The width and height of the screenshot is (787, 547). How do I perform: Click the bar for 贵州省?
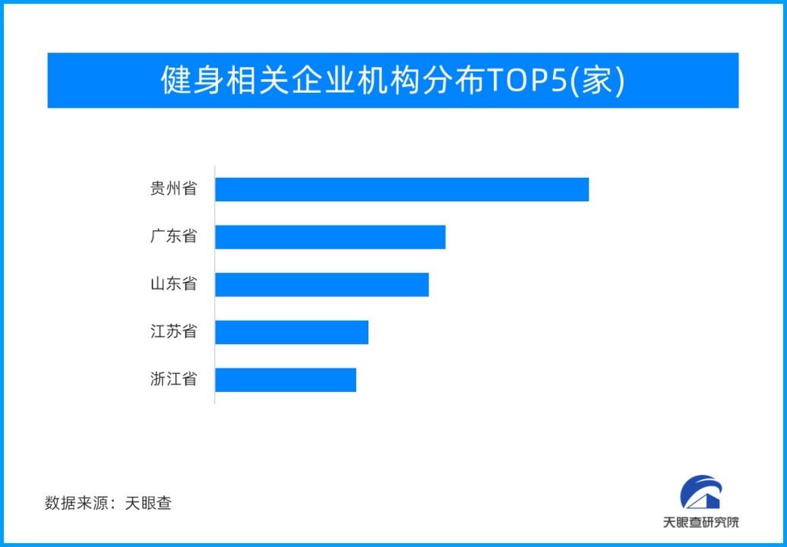click(x=402, y=189)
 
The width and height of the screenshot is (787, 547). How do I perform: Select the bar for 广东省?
click(x=330, y=236)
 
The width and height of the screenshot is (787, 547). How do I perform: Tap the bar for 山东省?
click(x=321, y=284)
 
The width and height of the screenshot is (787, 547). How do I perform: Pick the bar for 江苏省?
click(x=292, y=332)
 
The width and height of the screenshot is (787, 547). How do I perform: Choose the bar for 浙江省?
click(x=286, y=379)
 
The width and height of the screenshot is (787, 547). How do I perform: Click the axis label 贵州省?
click(x=173, y=189)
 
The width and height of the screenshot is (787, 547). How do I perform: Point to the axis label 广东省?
click(x=173, y=236)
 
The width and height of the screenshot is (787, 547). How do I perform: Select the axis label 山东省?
click(x=173, y=284)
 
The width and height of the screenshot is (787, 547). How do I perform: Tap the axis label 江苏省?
click(x=173, y=332)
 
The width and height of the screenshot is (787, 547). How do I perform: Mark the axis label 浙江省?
click(x=173, y=379)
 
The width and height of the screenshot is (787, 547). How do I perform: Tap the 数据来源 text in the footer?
click(x=76, y=503)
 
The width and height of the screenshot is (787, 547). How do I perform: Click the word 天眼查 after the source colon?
click(x=148, y=503)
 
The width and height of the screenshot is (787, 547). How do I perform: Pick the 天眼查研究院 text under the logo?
click(x=700, y=523)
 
